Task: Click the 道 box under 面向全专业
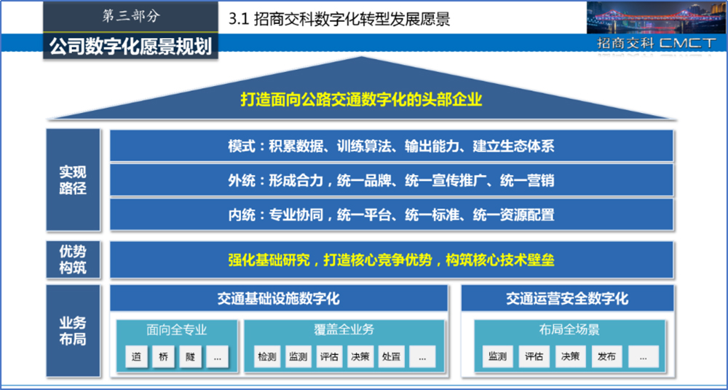click(x=137, y=356)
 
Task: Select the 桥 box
click(x=163, y=356)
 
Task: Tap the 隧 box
click(x=190, y=356)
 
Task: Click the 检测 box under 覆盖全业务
click(x=267, y=356)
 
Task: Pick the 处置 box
click(x=392, y=356)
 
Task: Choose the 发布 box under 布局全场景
click(x=607, y=356)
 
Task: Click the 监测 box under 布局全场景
click(x=497, y=356)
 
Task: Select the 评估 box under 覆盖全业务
click(x=329, y=356)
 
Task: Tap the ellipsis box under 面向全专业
click(x=217, y=356)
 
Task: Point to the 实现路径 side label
click(x=73, y=180)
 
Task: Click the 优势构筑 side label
click(x=73, y=260)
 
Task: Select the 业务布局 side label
click(x=73, y=330)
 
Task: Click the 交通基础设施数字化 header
click(x=279, y=298)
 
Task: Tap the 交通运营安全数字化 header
click(x=567, y=298)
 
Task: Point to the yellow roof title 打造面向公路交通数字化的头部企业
click(x=362, y=99)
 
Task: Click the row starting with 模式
click(x=392, y=146)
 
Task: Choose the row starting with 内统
click(x=392, y=215)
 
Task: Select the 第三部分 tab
click(x=131, y=17)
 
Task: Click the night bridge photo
click(x=655, y=17)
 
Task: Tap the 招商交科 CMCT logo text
click(x=657, y=43)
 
